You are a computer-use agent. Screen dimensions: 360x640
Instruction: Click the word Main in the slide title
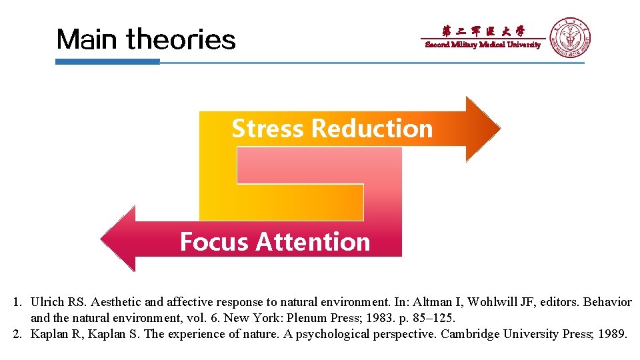89,39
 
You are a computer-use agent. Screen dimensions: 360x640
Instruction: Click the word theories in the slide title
181,39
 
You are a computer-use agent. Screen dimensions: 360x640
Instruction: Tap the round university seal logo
569,37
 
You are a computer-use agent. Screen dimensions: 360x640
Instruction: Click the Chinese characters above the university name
483,31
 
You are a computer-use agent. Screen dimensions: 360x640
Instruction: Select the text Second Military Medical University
483,45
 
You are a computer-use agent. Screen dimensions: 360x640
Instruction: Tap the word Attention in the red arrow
313,241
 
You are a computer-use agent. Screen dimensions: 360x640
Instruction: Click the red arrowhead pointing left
120,239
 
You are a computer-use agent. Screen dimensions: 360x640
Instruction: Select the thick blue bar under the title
107,62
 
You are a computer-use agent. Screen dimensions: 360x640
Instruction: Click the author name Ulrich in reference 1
47,302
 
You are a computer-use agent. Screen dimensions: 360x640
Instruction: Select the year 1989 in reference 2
611,334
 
